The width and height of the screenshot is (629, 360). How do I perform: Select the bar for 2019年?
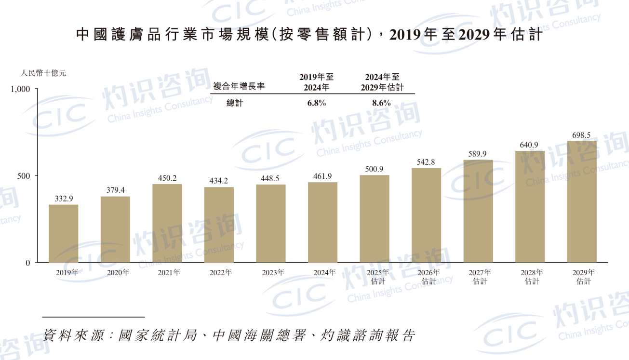[x=63, y=234]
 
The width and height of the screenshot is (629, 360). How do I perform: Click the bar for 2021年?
[x=167, y=223]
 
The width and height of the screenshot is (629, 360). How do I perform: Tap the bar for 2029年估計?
[x=581, y=201]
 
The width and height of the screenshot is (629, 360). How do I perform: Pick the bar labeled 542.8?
[x=426, y=215]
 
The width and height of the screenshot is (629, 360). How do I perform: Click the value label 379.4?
[x=115, y=190]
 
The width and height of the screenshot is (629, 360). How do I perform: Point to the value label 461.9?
[x=322, y=176]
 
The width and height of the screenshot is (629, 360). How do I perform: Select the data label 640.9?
[x=529, y=145]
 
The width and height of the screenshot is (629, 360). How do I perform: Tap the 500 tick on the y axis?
[x=25, y=176]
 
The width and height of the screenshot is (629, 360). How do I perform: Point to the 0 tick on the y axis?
[x=28, y=263]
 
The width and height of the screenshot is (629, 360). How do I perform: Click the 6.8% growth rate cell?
[x=317, y=103]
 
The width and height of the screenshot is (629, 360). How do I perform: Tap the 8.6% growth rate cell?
[x=382, y=103]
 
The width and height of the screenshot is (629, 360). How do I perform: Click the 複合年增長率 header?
[x=239, y=87]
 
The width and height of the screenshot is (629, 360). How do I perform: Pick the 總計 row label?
[x=235, y=103]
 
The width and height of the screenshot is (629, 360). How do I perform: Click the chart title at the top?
[x=309, y=35]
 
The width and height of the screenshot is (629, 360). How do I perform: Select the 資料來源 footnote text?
[x=229, y=335]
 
